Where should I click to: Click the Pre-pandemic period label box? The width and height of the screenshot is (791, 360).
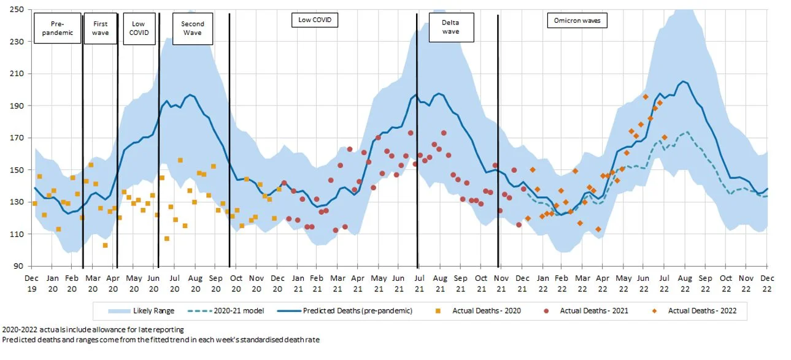[x=57, y=28]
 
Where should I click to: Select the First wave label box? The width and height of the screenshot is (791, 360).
[x=100, y=28]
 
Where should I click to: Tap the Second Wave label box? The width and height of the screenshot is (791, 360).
[x=192, y=28]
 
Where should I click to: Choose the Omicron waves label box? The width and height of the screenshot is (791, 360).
[x=577, y=20]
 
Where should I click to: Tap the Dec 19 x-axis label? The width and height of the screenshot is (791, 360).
[x=31, y=283]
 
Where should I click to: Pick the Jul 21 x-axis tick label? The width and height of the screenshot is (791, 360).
[x=419, y=283]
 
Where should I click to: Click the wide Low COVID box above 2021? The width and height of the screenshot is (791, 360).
[x=314, y=20]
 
